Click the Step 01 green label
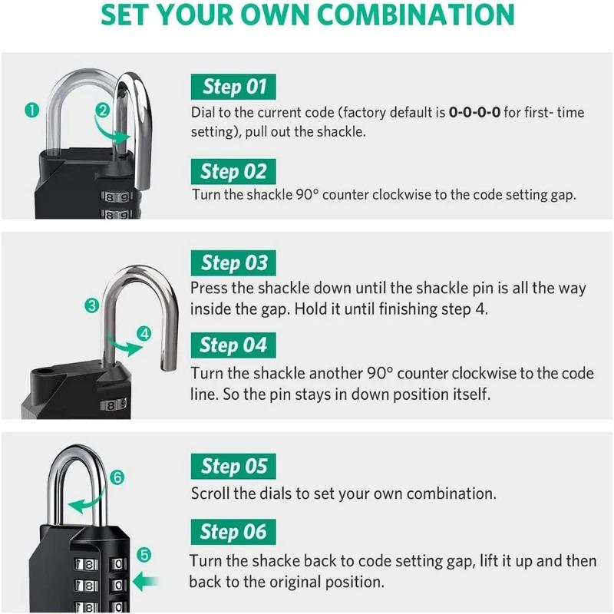coord(233,87)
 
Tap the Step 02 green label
coord(233,171)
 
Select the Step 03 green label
coord(233,263)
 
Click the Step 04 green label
coord(233,345)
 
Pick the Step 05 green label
coord(233,466)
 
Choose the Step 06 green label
coord(233,531)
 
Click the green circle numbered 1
coord(31,111)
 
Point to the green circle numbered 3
coord(92,305)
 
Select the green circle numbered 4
coord(146,333)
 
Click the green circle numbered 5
coord(146,554)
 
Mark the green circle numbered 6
coord(117,477)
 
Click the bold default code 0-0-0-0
coord(475,113)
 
